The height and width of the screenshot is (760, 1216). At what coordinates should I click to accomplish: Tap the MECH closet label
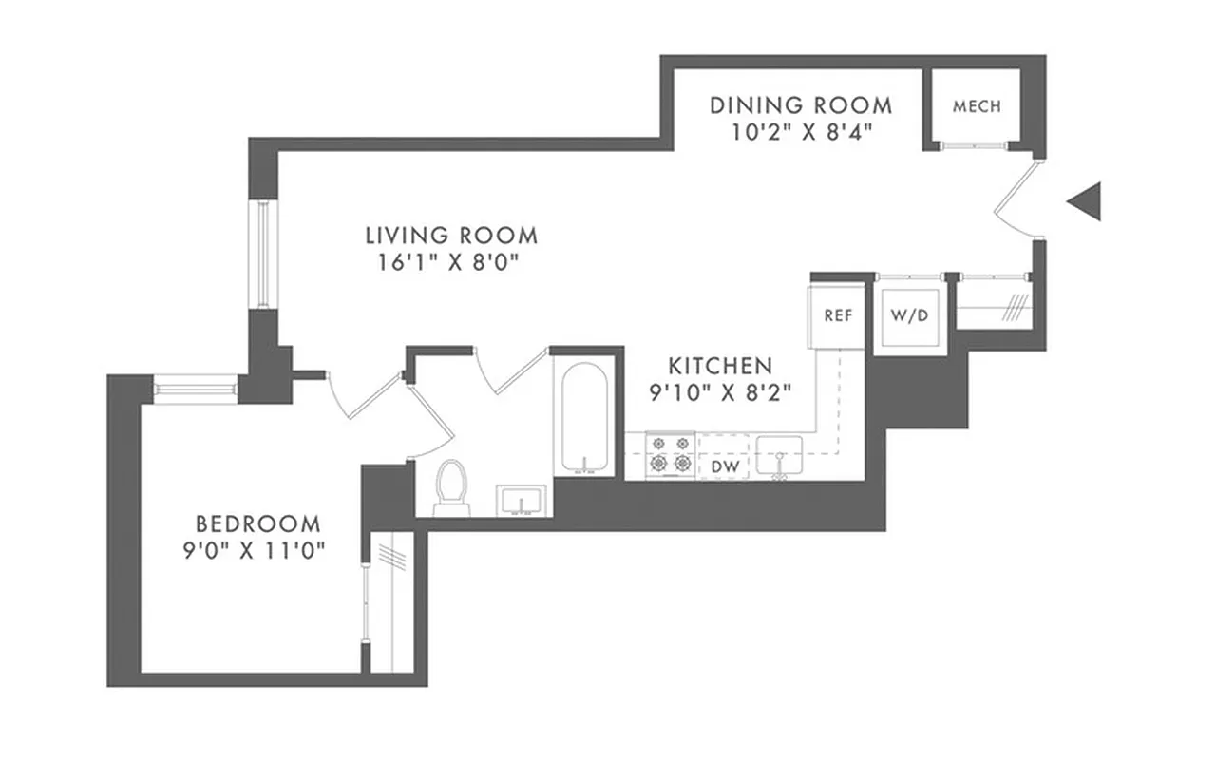977,106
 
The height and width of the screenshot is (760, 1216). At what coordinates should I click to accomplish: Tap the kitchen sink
779,457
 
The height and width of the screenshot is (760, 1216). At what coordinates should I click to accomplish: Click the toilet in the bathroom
452,486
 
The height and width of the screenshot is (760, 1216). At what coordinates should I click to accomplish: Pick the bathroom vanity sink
521,500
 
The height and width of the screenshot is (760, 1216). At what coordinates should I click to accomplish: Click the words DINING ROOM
801,104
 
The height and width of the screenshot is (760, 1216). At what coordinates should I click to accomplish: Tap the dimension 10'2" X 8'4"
800,131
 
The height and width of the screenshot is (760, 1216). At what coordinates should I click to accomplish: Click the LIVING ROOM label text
451,235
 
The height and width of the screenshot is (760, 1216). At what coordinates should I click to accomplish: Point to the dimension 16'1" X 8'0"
451,262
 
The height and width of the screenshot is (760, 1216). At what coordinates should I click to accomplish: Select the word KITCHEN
720,365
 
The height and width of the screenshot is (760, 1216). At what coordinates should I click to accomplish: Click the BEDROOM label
257,523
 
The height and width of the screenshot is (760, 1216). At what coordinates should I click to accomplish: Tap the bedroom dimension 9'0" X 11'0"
256,551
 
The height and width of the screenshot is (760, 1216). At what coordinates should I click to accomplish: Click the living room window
260,254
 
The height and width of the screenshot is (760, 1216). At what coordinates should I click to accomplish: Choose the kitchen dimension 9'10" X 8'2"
720,390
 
